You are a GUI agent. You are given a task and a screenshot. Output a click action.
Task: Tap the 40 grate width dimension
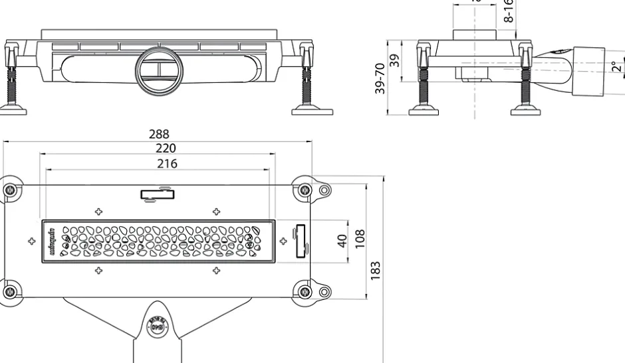(x=342, y=240)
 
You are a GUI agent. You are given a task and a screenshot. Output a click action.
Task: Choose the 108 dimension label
(x=360, y=237)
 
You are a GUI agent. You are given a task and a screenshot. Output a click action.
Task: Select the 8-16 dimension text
(x=509, y=12)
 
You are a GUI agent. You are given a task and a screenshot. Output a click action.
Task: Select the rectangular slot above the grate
(x=157, y=194)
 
